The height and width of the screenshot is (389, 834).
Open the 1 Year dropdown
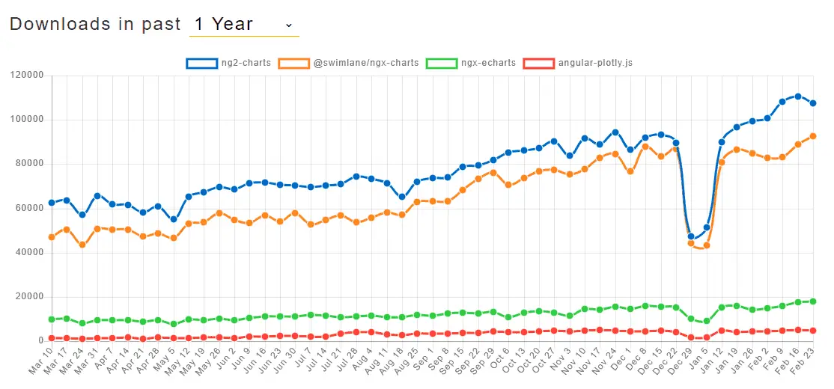(244, 25)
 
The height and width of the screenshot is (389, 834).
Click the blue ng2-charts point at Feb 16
(798, 97)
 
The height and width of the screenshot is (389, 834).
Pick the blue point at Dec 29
(691, 236)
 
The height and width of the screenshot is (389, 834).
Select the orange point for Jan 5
(706, 245)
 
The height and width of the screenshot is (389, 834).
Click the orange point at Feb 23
(813, 136)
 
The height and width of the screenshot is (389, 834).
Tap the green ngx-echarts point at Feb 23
(813, 301)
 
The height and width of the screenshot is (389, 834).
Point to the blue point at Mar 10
(52, 203)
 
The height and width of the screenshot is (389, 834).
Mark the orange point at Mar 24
(82, 245)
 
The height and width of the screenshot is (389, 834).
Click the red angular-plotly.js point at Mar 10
(52, 338)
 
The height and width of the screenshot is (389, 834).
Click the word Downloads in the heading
(60, 25)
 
